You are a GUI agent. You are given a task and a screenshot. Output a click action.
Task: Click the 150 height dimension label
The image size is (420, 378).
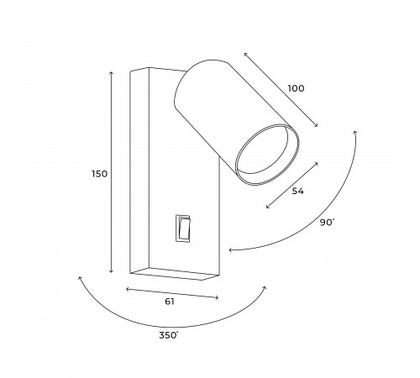pos(100,174)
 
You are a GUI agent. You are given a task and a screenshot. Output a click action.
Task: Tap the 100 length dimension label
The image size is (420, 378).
pos(296,88)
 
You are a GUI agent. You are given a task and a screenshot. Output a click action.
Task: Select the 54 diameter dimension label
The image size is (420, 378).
pos(297,192)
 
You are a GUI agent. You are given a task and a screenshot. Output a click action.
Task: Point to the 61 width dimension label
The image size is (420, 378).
pos(170,302)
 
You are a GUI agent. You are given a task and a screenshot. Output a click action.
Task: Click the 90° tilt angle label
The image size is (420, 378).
pos(327,223)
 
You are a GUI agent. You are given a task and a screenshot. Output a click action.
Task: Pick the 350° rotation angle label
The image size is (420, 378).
pos(169,335)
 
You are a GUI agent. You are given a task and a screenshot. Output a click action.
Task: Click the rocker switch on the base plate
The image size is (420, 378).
pos(183,228)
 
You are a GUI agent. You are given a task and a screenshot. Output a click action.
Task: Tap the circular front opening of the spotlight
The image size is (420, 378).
pos(267,155)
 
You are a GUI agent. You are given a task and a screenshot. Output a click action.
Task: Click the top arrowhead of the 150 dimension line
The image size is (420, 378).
pos(112,72)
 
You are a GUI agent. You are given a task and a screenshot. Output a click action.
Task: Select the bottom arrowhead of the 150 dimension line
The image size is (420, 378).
pos(112,272)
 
